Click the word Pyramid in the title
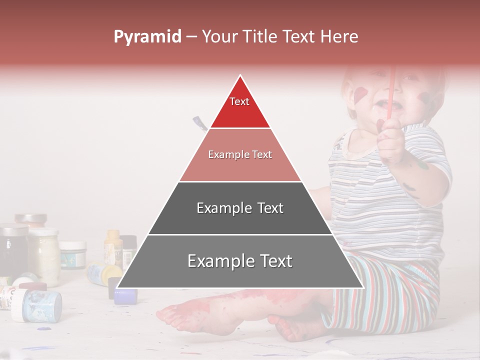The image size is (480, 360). point(147,36)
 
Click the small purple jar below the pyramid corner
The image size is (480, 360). point(125,296)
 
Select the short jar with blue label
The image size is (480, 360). point(73,255)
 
